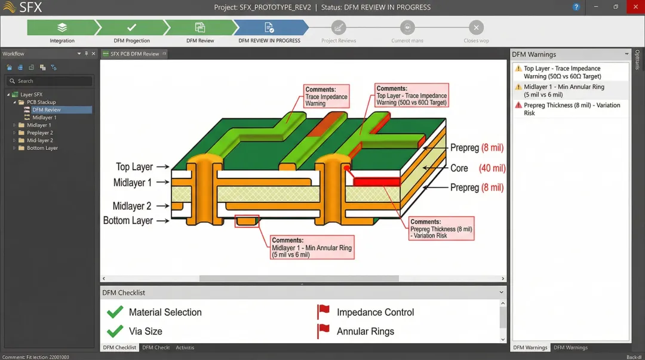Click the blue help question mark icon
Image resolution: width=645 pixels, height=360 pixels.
[x=576, y=7]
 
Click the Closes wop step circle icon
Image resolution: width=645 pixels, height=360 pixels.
[x=476, y=27]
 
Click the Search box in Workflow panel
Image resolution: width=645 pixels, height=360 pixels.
[x=50, y=81]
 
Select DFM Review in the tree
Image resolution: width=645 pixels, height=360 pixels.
[x=46, y=110]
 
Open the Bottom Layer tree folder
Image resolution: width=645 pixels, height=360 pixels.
[x=42, y=148]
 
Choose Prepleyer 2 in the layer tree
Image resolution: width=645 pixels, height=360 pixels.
[x=39, y=133]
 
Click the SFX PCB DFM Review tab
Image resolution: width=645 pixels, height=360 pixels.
[x=134, y=54]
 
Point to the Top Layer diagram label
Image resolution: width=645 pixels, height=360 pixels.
[x=134, y=167]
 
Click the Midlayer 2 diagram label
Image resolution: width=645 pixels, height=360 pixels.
[x=132, y=206]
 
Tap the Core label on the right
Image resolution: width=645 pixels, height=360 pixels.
[x=459, y=168]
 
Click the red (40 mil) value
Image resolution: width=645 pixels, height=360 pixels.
[x=493, y=168]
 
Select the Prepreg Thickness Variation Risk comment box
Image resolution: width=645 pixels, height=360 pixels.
[x=441, y=229]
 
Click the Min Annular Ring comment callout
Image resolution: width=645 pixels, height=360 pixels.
[x=311, y=247]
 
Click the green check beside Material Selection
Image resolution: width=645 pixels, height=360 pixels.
[x=115, y=312]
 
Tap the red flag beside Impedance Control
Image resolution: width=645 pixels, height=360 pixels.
[x=324, y=312]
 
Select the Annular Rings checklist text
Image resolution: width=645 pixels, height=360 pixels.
[x=365, y=331]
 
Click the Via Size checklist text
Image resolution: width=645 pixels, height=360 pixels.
[x=145, y=331]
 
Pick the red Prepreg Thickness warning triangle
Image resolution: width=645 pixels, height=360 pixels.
[x=518, y=105]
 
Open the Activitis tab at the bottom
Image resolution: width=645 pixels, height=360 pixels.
[x=185, y=347]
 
